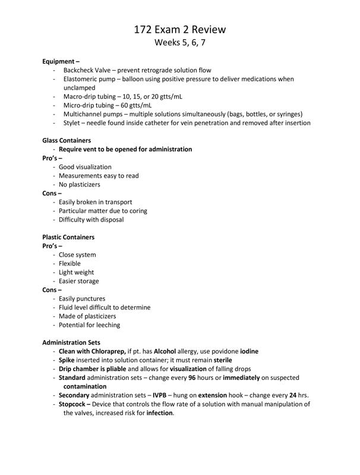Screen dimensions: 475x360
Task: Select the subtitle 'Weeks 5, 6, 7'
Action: click(x=180, y=43)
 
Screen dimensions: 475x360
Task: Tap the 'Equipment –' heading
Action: click(x=61, y=61)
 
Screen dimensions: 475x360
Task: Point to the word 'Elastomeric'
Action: click(x=82, y=79)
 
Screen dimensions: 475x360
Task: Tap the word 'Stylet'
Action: click(x=72, y=123)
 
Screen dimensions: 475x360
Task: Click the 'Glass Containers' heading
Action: click(x=67, y=140)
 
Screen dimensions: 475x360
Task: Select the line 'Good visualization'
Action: click(x=85, y=167)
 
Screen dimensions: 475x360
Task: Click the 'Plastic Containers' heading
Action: click(x=68, y=237)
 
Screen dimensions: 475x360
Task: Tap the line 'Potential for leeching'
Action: click(x=89, y=325)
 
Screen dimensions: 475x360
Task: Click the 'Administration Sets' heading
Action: click(x=71, y=343)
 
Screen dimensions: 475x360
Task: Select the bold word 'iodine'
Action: click(x=249, y=351)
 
